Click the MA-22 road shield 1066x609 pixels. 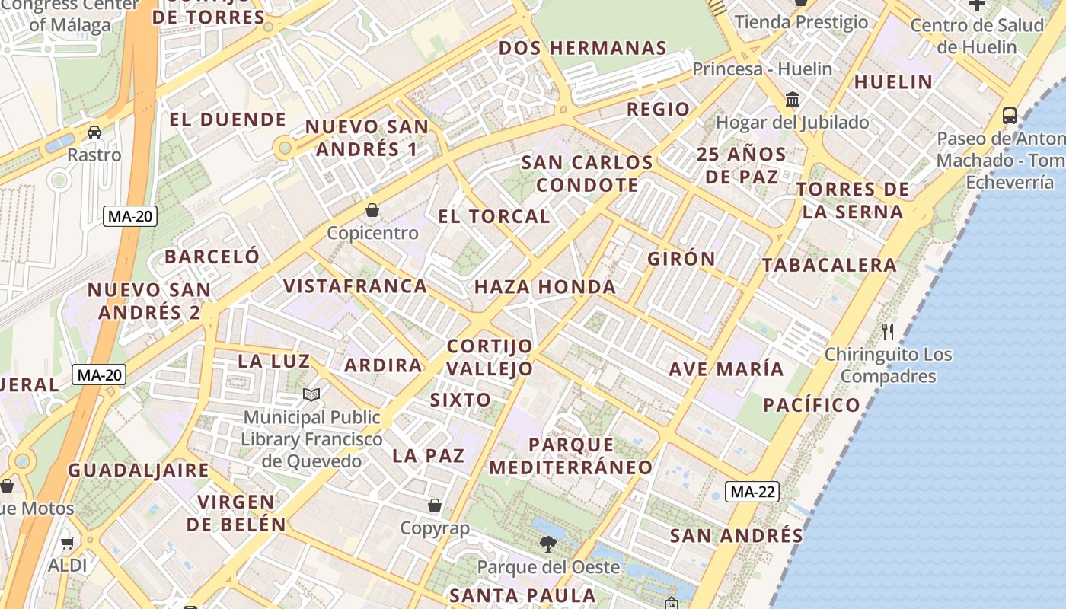[x=752, y=492]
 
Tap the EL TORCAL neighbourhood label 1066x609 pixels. [x=494, y=216]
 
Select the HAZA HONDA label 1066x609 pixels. [x=545, y=287]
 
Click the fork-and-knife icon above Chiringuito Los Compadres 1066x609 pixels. [x=887, y=331]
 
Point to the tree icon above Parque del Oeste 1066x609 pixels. [x=547, y=544]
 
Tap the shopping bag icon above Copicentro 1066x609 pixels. [x=372, y=209]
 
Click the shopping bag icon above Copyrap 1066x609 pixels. [x=435, y=505]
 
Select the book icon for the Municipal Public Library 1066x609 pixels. [x=311, y=394]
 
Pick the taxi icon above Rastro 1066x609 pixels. [x=94, y=132]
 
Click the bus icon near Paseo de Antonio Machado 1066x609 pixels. [x=1010, y=116]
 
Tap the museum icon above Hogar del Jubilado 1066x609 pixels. [x=793, y=99]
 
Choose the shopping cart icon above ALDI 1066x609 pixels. [x=68, y=543]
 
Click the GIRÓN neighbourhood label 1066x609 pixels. [x=681, y=259]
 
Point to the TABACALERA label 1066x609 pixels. [x=829, y=266]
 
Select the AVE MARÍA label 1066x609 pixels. [x=726, y=369]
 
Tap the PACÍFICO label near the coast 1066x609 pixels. [x=812, y=405]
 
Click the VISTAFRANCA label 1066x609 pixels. [x=355, y=286]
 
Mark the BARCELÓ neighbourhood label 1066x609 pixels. [x=212, y=257]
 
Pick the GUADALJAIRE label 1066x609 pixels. [x=139, y=470]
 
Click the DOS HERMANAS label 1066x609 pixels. [x=582, y=48]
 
